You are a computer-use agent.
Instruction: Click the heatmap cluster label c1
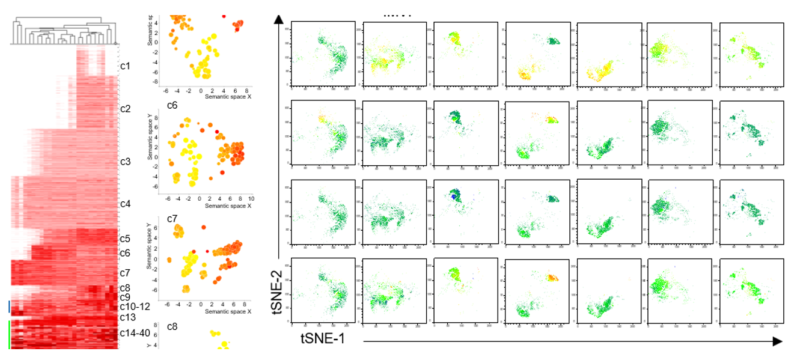point(125,66)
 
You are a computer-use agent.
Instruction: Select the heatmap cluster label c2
point(125,109)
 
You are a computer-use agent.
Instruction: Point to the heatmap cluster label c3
point(125,162)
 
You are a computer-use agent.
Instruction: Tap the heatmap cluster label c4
point(125,204)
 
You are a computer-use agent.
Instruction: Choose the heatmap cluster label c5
point(125,239)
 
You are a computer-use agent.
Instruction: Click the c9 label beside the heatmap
point(125,297)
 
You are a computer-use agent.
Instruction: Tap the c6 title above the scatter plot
point(155,105)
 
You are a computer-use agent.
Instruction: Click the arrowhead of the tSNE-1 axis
point(777,341)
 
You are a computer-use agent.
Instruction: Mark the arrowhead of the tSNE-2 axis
point(278,20)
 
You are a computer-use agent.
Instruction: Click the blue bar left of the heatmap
point(9,307)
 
